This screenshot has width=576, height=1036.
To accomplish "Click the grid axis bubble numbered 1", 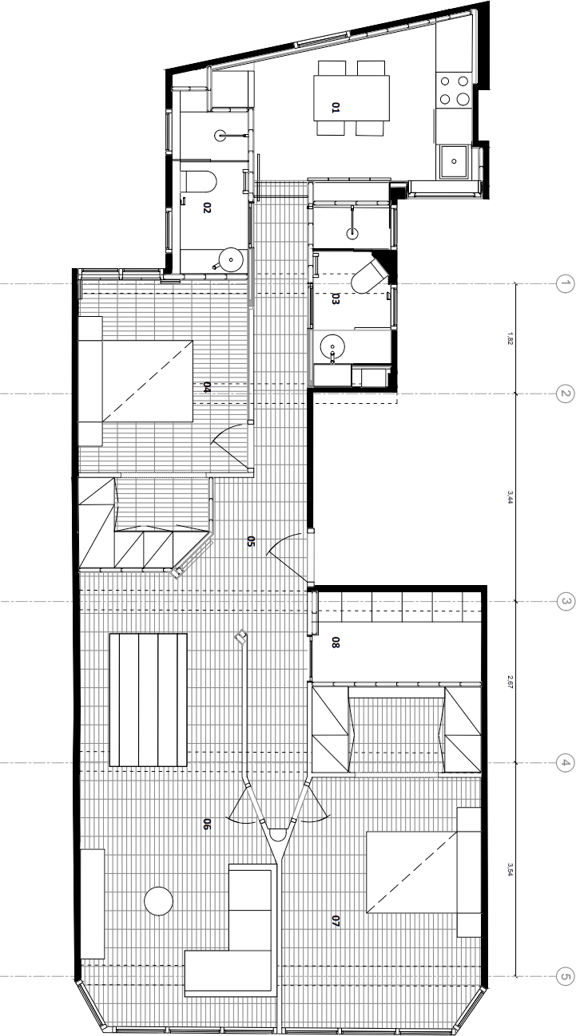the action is click(565, 284).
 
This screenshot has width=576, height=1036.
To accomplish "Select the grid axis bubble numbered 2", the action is click(565, 394).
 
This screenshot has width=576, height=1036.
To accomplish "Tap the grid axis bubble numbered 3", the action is click(565, 602).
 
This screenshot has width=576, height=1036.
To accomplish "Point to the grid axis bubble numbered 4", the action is click(565, 763).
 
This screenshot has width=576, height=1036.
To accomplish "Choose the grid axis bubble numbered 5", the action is click(565, 976).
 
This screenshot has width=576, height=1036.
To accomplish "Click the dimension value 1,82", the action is click(509, 339).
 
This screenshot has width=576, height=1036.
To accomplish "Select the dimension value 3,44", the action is click(509, 498).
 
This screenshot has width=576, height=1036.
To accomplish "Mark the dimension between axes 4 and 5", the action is click(509, 869).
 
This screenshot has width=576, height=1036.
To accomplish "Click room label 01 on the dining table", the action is click(336, 106).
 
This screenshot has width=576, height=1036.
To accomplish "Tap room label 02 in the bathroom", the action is click(207, 208).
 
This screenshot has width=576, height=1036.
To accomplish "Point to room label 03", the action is click(336, 300).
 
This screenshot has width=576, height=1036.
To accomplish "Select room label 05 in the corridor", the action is click(251, 544).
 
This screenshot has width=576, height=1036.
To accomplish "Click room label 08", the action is click(336, 642).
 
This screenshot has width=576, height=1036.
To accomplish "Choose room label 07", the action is click(336, 921).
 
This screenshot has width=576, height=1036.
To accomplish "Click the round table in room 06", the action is click(158, 901).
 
